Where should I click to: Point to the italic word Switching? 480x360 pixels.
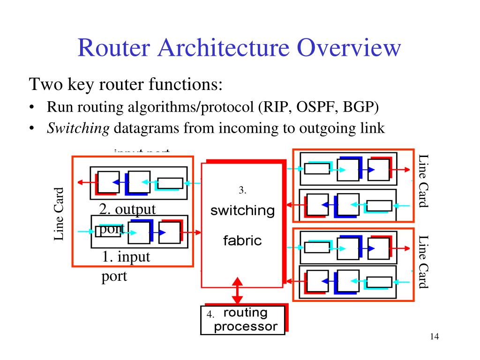pyautogui.click(x=78, y=128)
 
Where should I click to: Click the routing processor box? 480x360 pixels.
pyautogui.click(x=243, y=320)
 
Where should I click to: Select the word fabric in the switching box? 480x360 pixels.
pyautogui.click(x=242, y=241)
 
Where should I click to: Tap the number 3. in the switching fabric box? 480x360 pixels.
pyautogui.click(x=242, y=190)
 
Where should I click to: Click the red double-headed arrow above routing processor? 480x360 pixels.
pyautogui.click(x=238, y=291)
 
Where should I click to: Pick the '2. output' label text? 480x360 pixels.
pyautogui.click(x=127, y=209)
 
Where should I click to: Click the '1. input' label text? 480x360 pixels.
pyautogui.click(x=126, y=257)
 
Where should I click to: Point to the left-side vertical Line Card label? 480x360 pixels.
pyautogui.click(x=59, y=214)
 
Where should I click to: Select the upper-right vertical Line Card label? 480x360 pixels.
pyautogui.click(x=423, y=180)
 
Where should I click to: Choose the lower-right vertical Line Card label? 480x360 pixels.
pyautogui.click(x=423, y=261)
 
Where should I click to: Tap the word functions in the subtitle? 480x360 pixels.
pyautogui.click(x=185, y=85)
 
